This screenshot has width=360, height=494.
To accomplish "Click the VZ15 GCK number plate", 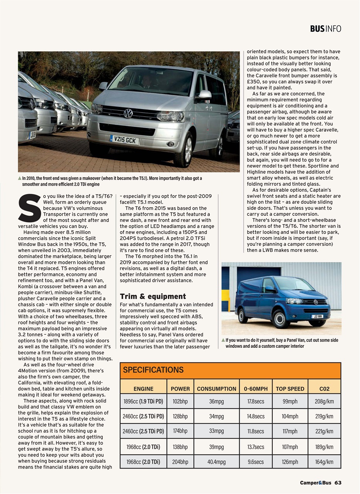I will pyautogui.click(x=124, y=139).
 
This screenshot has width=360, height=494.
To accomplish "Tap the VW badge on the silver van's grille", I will pyautogui.click(x=128, y=113).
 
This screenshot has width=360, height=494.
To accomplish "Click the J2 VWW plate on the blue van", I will pyautogui.click(x=318, y=316).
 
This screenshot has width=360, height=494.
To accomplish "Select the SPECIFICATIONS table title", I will pyautogui.click(x=153, y=370).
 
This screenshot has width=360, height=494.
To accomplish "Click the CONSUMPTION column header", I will pyautogui.click(x=216, y=389).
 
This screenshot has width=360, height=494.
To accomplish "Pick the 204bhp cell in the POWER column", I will pyautogui.click(x=180, y=462).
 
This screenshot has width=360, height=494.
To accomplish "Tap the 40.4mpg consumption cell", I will pyautogui.click(x=216, y=462).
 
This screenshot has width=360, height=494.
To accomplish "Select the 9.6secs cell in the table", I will pyautogui.click(x=255, y=462).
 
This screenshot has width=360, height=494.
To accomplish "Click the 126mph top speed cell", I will pyautogui.click(x=290, y=462).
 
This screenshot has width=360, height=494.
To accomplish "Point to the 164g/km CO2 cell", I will pyautogui.click(x=324, y=462).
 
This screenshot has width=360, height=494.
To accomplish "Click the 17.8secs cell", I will pyautogui.click(x=255, y=401).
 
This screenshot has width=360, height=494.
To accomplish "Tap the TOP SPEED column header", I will pyautogui.click(x=290, y=389).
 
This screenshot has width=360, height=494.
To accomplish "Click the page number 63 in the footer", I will pyautogui.click(x=338, y=483).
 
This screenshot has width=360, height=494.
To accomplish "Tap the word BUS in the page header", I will pyautogui.click(x=317, y=29).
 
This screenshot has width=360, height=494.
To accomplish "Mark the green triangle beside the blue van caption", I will pyautogui.click(x=223, y=340).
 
